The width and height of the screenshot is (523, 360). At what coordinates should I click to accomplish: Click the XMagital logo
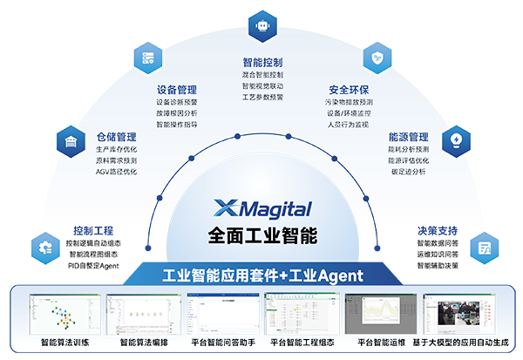(x=262, y=209)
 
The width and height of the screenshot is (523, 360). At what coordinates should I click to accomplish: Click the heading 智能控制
(x=262, y=63)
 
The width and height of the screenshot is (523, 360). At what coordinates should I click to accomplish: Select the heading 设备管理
(x=176, y=90)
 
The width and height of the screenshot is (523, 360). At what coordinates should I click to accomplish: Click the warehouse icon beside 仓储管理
(x=69, y=139)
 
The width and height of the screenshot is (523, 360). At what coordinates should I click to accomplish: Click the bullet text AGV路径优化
(x=116, y=173)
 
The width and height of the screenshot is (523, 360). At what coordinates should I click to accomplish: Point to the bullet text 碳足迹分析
(x=407, y=173)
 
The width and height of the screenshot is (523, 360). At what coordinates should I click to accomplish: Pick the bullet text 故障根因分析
(x=176, y=112)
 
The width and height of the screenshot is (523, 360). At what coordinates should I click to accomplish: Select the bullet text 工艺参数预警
(x=262, y=98)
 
